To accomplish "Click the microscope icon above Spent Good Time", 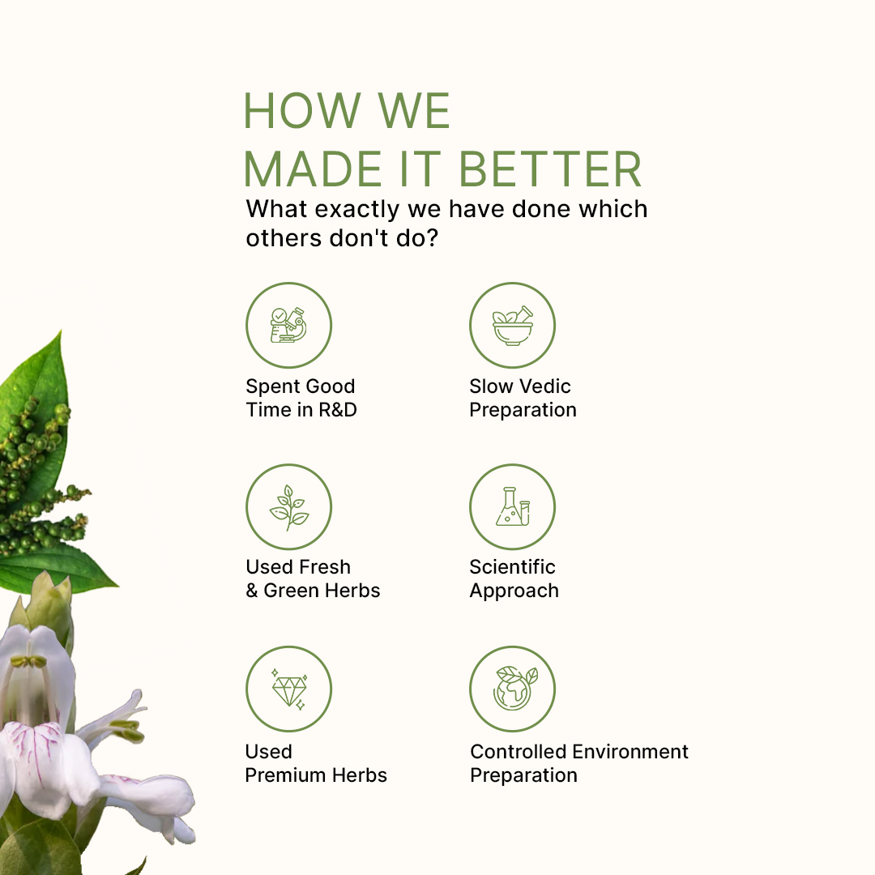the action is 288,325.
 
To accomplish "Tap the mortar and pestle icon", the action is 512,326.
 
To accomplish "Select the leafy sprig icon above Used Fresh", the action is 288,507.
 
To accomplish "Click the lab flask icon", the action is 512,506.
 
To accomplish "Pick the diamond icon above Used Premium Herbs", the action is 289,689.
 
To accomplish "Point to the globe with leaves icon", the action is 514,688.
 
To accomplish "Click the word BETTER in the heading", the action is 549,169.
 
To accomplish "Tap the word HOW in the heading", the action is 302,110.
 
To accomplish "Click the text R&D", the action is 337,410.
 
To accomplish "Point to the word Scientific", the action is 512,567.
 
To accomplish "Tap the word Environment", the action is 630,752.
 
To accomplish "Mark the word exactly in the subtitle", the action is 357,210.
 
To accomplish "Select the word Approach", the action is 514,591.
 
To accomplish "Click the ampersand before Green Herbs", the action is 252,591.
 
